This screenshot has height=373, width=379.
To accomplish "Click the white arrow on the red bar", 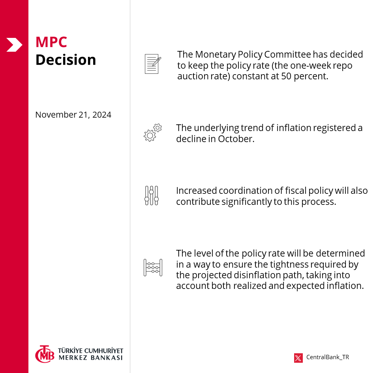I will pyautogui.click(x=14, y=45).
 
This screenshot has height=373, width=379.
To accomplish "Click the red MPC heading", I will pyautogui.click(x=51, y=42).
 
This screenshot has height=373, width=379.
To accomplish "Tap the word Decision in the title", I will pyautogui.click(x=66, y=60).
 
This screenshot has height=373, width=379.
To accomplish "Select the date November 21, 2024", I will pyautogui.click(x=73, y=115).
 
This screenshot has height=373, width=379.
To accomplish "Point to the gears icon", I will pyautogui.click(x=152, y=132).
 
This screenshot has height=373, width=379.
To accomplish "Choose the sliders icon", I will pyautogui.click(x=152, y=196).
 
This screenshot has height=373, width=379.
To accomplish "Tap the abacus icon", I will pyautogui.click(x=153, y=268).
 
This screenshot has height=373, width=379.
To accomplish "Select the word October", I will pyautogui.click(x=236, y=139).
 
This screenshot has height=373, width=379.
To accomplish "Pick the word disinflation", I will pyautogui.click(x=248, y=275).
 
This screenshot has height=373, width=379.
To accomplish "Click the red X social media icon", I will pyautogui.click(x=298, y=358).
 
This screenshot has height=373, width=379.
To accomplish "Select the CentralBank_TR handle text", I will pyautogui.click(x=328, y=358).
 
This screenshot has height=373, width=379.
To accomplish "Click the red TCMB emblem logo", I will pyautogui.click(x=45, y=354).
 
